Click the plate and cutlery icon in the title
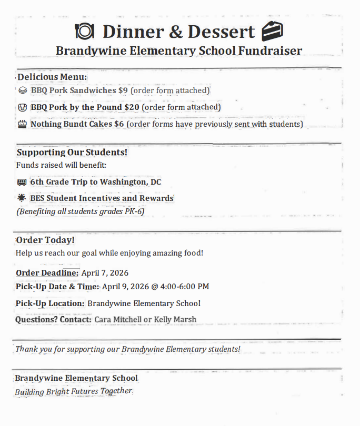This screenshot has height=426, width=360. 85,32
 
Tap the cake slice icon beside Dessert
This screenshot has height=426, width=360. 272,32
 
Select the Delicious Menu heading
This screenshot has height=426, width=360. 52,77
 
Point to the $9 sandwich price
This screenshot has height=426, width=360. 123,90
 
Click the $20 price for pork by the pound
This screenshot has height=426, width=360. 132,107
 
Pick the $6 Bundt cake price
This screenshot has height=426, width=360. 119,125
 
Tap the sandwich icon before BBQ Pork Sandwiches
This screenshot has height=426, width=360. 22,90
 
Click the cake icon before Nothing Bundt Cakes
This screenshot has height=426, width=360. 22,125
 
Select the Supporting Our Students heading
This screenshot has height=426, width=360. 72,153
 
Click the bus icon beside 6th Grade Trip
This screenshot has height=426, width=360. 22,182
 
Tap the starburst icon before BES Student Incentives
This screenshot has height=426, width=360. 22,198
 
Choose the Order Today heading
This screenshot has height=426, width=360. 45,240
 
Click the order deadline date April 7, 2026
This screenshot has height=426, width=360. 105,273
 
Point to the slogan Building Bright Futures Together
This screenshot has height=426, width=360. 73,392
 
